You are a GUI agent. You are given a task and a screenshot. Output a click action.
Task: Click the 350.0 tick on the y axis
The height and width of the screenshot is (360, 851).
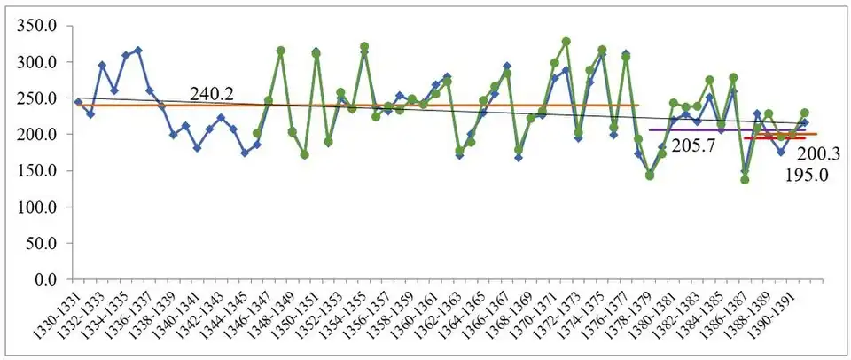click(x=38, y=26)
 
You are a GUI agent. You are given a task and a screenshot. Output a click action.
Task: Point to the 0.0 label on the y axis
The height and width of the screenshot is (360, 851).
click(x=47, y=279)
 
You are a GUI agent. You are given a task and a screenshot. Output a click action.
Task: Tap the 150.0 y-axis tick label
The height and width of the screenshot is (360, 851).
click(x=38, y=171)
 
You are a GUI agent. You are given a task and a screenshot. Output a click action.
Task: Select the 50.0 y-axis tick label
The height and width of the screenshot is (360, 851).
click(x=43, y=243)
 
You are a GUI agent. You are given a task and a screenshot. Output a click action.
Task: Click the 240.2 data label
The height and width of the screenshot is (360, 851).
click(x=212, y=95)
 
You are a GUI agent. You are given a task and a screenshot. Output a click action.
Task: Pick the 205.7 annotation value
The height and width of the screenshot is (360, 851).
click(x=694, y=145)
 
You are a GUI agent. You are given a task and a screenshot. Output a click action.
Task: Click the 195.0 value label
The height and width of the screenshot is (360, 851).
click(x=808, y=176)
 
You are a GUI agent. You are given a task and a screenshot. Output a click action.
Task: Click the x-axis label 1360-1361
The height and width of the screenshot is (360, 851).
click(x=417, y=308)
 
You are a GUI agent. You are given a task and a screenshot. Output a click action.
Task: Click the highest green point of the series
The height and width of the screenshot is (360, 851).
click(x=566, y=42)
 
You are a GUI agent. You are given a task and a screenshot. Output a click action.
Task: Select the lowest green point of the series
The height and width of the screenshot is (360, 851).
click(x=745, y=180)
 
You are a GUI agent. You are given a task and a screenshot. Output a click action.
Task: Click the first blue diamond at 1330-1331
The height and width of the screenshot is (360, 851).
click(x=78, y=102)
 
